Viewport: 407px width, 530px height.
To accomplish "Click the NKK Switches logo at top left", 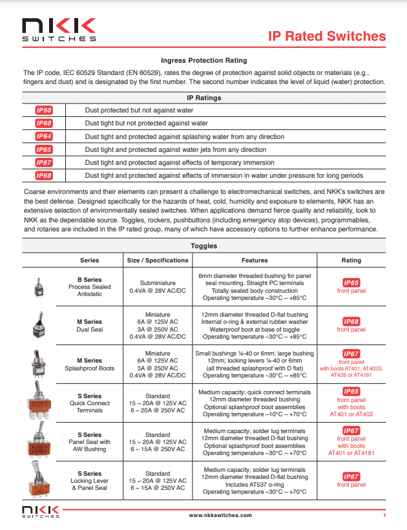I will [59, 30].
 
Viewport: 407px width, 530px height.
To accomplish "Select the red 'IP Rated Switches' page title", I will [327, 36].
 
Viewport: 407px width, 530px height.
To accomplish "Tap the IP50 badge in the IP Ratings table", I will [44, 110].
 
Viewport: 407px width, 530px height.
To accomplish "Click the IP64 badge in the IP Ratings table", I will [44, 136].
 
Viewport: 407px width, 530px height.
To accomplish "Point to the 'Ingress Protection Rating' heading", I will [203, 59].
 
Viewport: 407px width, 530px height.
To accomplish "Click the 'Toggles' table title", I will [203, 246].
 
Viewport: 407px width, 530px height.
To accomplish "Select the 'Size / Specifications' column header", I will [158, 260].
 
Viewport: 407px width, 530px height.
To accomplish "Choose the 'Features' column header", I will [255, 260].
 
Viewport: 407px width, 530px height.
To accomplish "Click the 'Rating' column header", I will [351, 260].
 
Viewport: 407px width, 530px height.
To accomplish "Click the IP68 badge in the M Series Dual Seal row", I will [351, 321].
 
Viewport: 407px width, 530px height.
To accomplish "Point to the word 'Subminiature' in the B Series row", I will [158, 282].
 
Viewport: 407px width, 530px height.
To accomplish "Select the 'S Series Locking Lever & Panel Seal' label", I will [89, 481].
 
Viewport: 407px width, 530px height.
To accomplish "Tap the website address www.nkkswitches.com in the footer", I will [220, 515].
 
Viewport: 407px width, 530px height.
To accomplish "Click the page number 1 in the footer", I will [384, 515].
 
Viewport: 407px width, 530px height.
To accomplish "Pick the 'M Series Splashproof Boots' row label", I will [89, 365].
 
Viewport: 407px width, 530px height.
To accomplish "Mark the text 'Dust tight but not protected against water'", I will [146, 123].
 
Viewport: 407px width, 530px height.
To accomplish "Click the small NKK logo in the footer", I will [41, 513].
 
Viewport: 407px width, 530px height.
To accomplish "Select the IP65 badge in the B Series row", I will [351, 282].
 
